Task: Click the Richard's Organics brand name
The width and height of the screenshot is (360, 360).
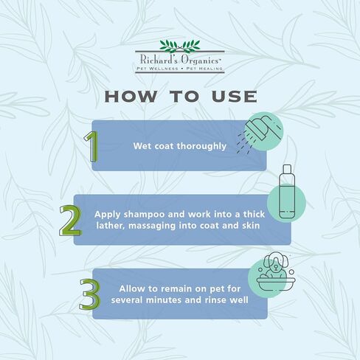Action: [180, 58]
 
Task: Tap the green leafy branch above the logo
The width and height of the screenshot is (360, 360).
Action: [180, 45]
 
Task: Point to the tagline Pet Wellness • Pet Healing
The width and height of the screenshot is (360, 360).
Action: [180, 68]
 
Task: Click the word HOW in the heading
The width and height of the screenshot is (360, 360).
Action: [130, 97]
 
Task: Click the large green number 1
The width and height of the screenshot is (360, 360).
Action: [91, 147]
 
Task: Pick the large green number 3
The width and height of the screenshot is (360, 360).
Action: [90, 293]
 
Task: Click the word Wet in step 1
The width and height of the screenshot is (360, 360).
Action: [142, 146]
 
